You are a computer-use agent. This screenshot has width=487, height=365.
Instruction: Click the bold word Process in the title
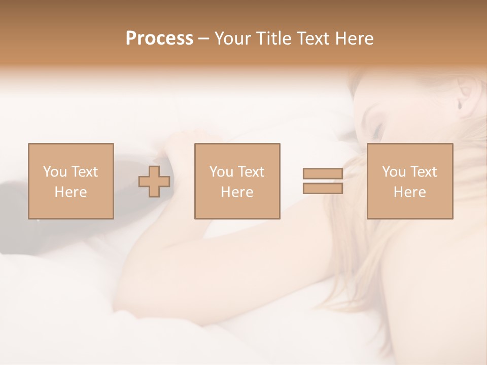(x=159, y=39)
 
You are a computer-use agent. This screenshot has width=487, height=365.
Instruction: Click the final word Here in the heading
(x=355, y=39)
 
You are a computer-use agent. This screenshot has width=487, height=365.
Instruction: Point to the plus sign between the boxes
(x=154, y=181)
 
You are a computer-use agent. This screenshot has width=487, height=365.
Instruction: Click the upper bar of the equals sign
(x=323, y=174)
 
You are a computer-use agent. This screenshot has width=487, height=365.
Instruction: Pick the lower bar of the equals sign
(x=323, y=189)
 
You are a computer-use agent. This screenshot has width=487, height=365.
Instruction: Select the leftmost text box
(x=71, y=181)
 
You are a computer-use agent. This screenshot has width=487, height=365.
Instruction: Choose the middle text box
(x=237, y=181)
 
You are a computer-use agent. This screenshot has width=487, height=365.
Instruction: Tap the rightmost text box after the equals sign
(x=409, y=181)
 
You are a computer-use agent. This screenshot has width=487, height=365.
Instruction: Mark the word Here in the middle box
(x=237, y=192)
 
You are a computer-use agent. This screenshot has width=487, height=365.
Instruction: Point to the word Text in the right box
(x=423, y=172)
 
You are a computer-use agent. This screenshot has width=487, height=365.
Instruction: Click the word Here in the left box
(x=71, y=192)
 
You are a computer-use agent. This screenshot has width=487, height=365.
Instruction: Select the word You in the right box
(x=394, y=172)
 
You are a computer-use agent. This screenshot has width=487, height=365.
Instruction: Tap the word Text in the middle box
(x=251, y=172)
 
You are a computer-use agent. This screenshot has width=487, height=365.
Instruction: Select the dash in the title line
(x=203, y=39)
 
